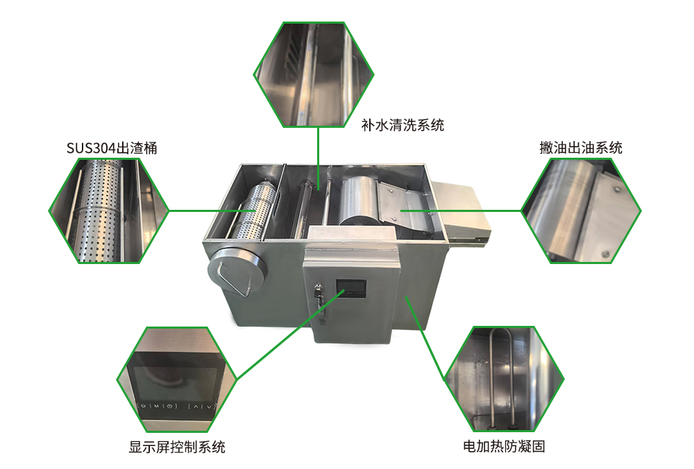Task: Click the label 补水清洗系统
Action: click(x=403, y=125)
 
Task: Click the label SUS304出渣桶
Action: click(x=112, y=147)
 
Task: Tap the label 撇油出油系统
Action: click(x=581, y=147)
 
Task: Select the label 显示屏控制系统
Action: click(x=176, y=446)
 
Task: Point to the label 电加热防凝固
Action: click(x=504, y=446)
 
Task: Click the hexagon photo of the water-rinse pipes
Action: click(x=314, y=74)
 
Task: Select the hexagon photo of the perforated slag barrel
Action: click(x=109, y=211)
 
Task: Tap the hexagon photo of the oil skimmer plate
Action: click(x=581, y=211)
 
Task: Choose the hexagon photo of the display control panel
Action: click(x=176, y=379)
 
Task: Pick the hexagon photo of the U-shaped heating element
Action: click(x=504, y=379)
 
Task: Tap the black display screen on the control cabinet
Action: click(x=351, y=288)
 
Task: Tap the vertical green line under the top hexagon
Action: click(x=319, y=158)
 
